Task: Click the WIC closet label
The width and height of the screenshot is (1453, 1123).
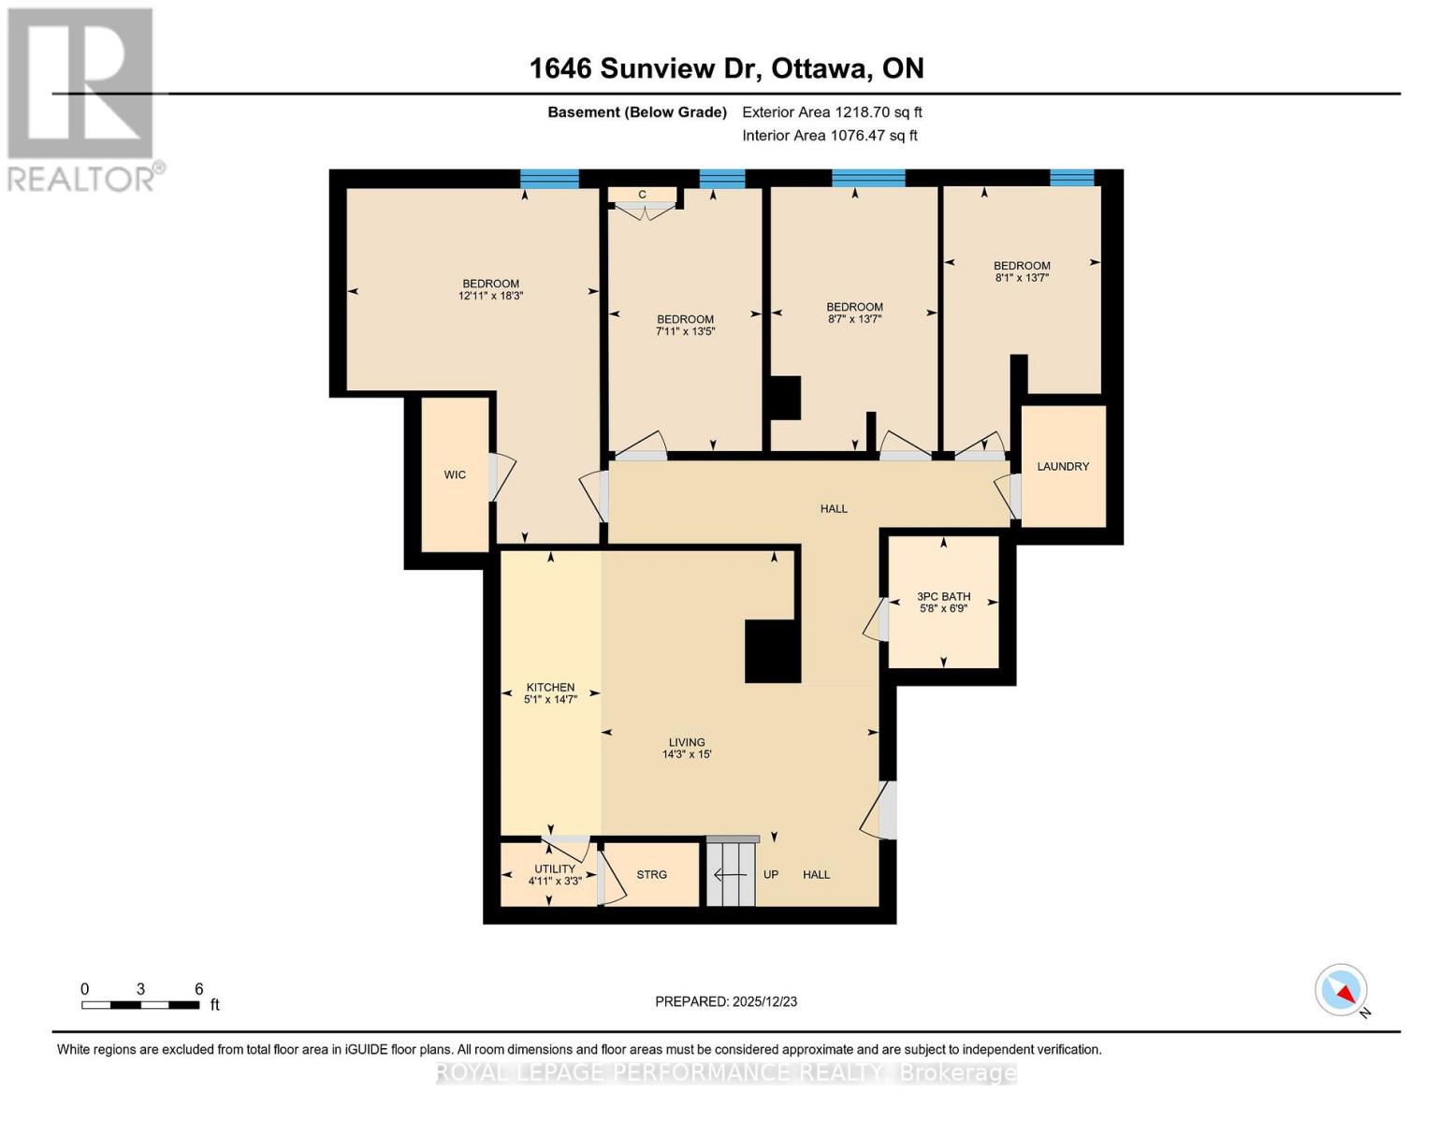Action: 455,475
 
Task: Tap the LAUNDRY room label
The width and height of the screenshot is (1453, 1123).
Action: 1063,466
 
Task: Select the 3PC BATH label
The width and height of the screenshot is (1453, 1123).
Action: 943,596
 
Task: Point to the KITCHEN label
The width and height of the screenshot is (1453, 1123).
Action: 550,687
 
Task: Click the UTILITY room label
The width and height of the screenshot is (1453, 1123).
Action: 555,869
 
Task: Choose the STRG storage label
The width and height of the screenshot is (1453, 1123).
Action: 651,875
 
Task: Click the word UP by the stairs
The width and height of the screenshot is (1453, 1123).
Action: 771,875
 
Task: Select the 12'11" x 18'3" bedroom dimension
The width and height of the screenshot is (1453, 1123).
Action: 490,296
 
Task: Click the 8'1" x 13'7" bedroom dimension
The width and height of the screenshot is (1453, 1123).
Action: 1022,277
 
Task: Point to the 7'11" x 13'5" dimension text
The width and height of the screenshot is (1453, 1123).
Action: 685,331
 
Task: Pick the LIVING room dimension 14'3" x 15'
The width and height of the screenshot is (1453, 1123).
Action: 687,754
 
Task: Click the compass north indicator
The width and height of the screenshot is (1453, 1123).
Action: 1342,990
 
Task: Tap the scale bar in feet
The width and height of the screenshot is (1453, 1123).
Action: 140,1005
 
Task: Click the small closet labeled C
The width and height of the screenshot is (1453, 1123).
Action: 642,195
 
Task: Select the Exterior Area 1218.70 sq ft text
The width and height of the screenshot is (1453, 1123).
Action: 832,112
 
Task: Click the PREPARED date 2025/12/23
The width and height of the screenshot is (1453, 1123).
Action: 726,1001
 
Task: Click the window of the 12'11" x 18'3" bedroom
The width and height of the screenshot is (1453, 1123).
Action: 549,179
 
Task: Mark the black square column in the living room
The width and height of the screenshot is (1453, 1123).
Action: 772,651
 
